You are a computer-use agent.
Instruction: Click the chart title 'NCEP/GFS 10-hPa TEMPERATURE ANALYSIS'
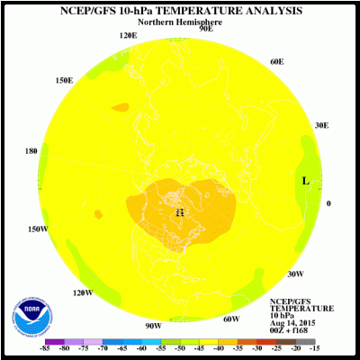coord(180,11)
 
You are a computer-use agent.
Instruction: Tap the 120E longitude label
coord(129,35)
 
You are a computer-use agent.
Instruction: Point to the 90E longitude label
coord(206,29)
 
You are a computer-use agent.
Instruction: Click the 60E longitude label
coord(276,62)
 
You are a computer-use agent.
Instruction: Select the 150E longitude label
coord(64,80)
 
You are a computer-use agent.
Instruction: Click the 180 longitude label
coord(32,151)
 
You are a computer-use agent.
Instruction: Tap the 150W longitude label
coord(36,229)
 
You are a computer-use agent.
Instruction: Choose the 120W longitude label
coord(83,292)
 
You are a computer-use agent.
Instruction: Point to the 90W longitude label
coord(153,325)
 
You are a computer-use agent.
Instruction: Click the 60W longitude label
coord(231,319)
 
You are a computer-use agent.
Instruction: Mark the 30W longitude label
coord(294,274)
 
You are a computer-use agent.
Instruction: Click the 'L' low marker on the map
coord(306,181)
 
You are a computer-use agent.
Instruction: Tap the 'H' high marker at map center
coord(180,212)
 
